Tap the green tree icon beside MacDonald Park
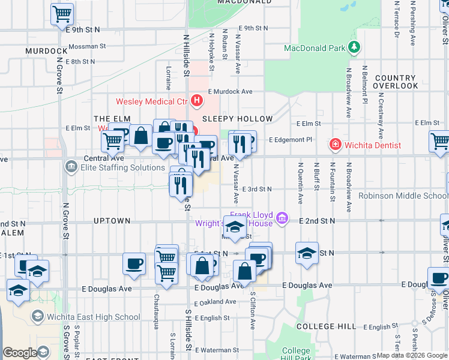point(354,47)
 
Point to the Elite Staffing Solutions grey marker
point(73,168)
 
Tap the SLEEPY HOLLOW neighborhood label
point(237,119)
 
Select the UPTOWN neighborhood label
point(112,221)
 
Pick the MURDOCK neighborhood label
point(46,51)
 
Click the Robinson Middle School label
point(403,196)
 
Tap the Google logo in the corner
point(20,353)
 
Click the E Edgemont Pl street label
point(291,139)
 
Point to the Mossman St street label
point(87,46)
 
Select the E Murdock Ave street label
point(231,92)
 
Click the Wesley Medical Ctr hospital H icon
point(194,100)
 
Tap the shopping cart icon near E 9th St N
point(62,14)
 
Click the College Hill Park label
point(296,355)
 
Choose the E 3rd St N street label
point(258,189)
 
